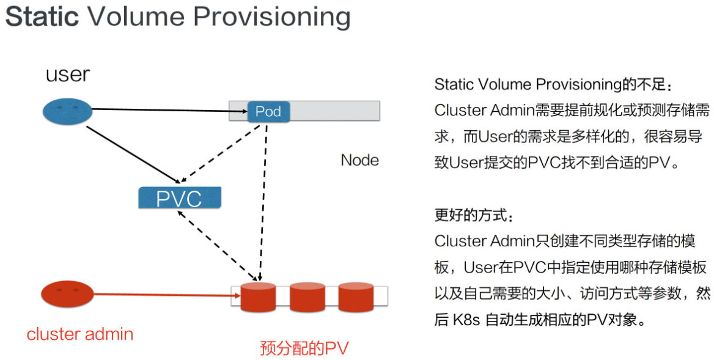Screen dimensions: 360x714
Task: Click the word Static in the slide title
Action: coord(42,17)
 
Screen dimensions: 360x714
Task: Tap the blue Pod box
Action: coord(268,111)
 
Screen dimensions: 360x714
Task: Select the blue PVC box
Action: coord(179,198)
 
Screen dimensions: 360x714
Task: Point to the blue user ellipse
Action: coord(67,111)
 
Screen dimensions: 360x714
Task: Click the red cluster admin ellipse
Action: coord(67,294)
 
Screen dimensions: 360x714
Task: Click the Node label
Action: coord(359,161)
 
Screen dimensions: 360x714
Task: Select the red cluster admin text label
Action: coord(80,334)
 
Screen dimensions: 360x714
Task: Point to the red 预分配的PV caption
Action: coord(304,348)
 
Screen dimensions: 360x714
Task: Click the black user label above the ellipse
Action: coord(68,75)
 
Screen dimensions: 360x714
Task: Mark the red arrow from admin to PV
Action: coord(165,295)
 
